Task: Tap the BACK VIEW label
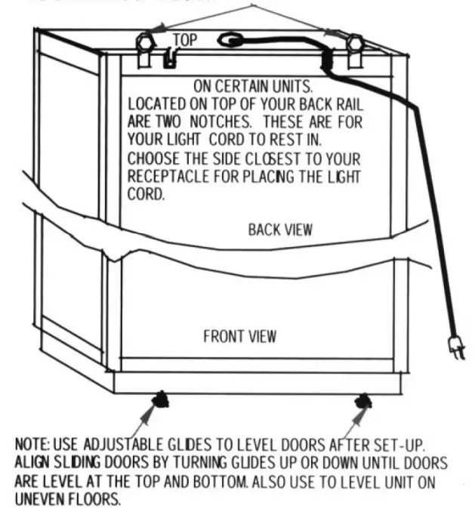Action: [x=280, y=229]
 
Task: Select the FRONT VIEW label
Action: [x=240, y=336]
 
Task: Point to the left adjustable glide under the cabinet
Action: [x=161, y=399]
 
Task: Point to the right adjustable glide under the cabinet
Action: [x=363, y=398]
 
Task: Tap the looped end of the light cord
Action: [x=230, y=39]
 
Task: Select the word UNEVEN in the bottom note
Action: [x=39, y=499]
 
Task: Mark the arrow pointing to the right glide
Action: [x=353, y=415]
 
